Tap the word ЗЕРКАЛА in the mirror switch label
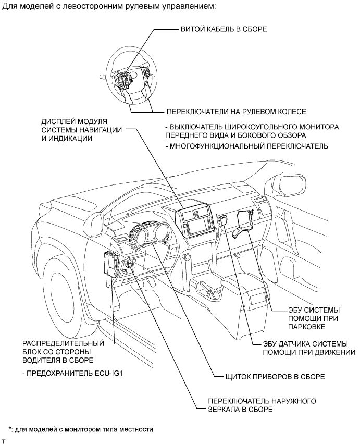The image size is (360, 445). click(225, 410)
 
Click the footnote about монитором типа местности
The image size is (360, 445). click(80, 429)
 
